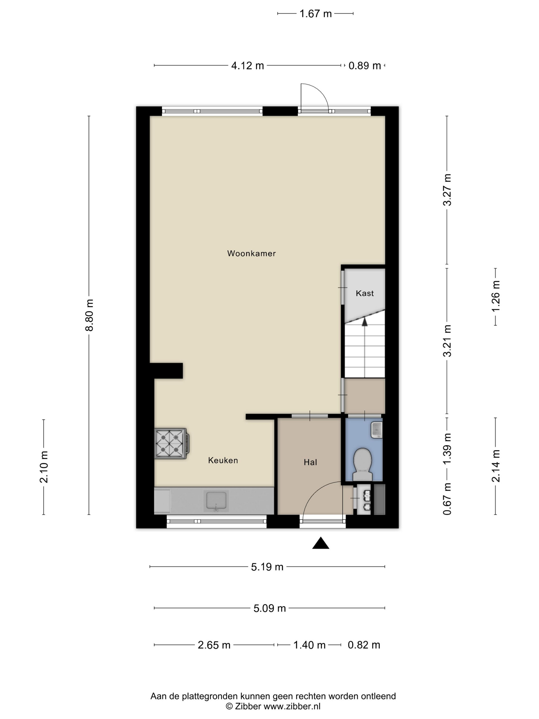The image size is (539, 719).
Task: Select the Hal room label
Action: tap(310, 462)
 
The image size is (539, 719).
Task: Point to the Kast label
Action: tap(364, 293)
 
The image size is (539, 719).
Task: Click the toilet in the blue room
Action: tap(362, 465)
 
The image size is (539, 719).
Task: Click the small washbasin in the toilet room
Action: tap(377, 430)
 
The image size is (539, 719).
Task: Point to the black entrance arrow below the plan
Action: tap(321, 543)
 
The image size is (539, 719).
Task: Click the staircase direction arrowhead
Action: tap(364, 321)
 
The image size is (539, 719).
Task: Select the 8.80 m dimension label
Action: tap(89, 315)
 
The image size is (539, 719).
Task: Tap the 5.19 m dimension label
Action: tap(267, 567)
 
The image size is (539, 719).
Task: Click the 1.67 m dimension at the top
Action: tap(315, 14)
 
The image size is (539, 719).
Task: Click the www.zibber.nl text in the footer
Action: tap(292, 706)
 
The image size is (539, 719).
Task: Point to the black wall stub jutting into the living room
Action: tap(166, 371)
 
